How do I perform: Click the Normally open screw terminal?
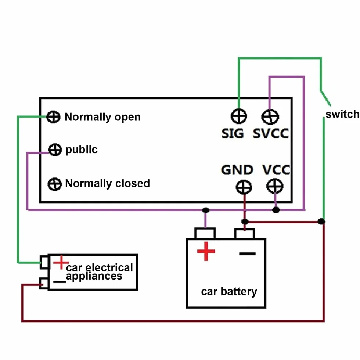[53, 117]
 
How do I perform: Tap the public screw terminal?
[55, 150]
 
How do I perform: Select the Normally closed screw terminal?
[55, 184]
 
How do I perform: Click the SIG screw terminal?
[239, 116]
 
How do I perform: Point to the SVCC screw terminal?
[270, 117]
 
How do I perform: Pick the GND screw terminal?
[244, 187]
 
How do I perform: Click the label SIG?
[233, 134]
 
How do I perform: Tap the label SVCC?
[271, 134]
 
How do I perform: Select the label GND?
[237, 170]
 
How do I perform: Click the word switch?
[342, 114]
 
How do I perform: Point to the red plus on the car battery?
[206, 251]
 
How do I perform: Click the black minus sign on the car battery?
[247, 254]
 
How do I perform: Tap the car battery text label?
[229, 292]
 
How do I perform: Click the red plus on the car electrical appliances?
[61, 262]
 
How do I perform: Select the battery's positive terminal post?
[205, 233]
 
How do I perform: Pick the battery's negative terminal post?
[245, 234]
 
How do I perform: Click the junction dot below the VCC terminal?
[276, 210]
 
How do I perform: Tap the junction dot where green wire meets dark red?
[321, 221]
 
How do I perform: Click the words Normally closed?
[107, 183]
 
